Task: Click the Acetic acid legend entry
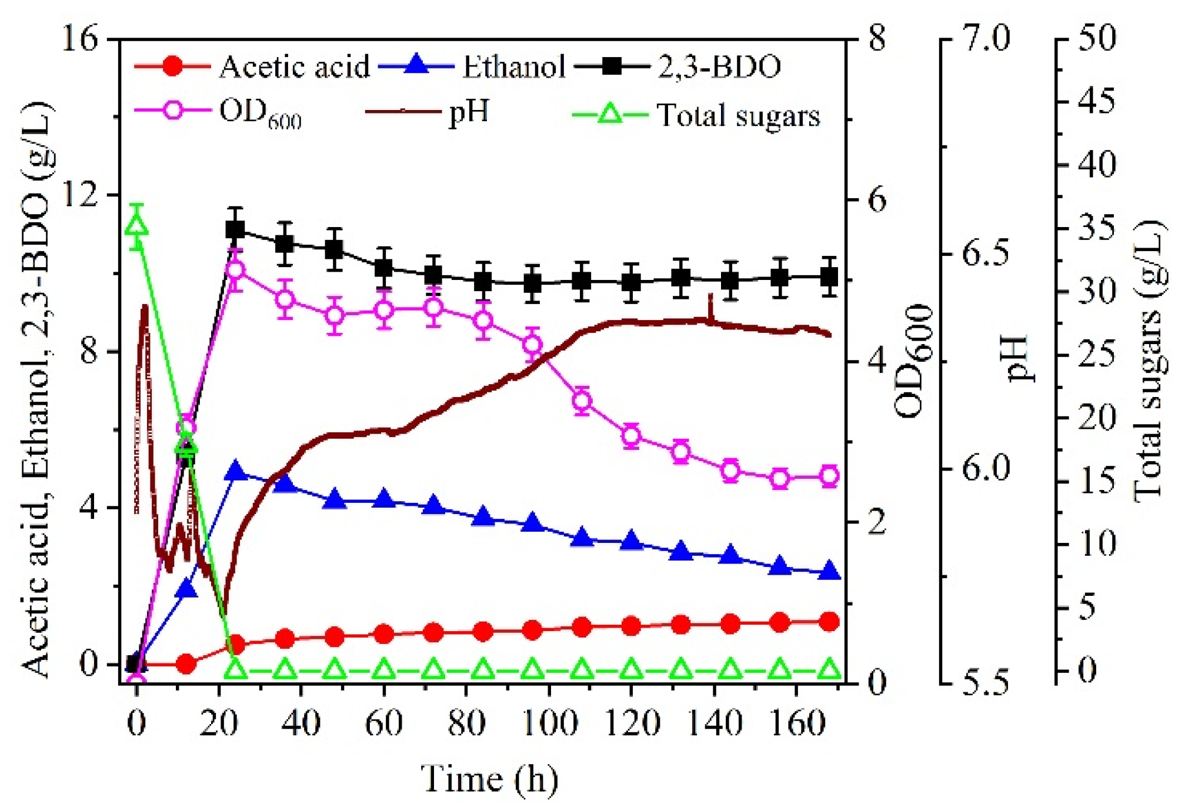click(x=253, y=66)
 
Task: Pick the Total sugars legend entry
click(x=697, y=115)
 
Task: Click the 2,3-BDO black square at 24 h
click(x=236, y=230)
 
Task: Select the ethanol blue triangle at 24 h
click(x=236, y=472)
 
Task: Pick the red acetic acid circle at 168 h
click(x=829, y=622)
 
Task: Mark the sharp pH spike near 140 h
click(x=711, y=300)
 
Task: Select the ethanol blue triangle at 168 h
click(x=829, y=571)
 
